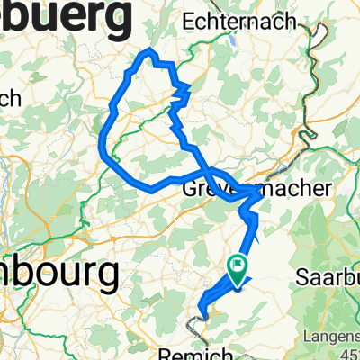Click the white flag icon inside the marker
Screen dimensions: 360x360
[238, 265]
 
